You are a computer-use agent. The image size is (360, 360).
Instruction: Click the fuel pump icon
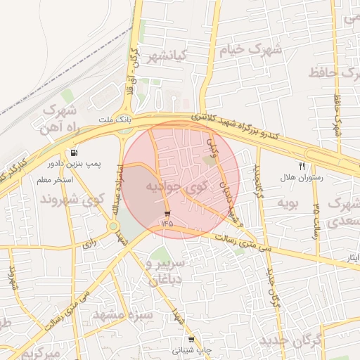(x=74, y=153)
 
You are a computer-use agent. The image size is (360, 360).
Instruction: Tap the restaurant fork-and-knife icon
(x=302, y=167)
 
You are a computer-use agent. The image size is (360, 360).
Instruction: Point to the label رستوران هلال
(x=300, y=178)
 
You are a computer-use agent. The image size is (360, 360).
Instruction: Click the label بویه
(x=290, y=204)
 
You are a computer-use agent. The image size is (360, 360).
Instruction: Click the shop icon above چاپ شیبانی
(x=191, y=339)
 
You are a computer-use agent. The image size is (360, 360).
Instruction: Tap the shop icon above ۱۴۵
(x=167, y=213)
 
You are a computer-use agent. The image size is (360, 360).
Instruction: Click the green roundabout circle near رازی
(x=112, y=226)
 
